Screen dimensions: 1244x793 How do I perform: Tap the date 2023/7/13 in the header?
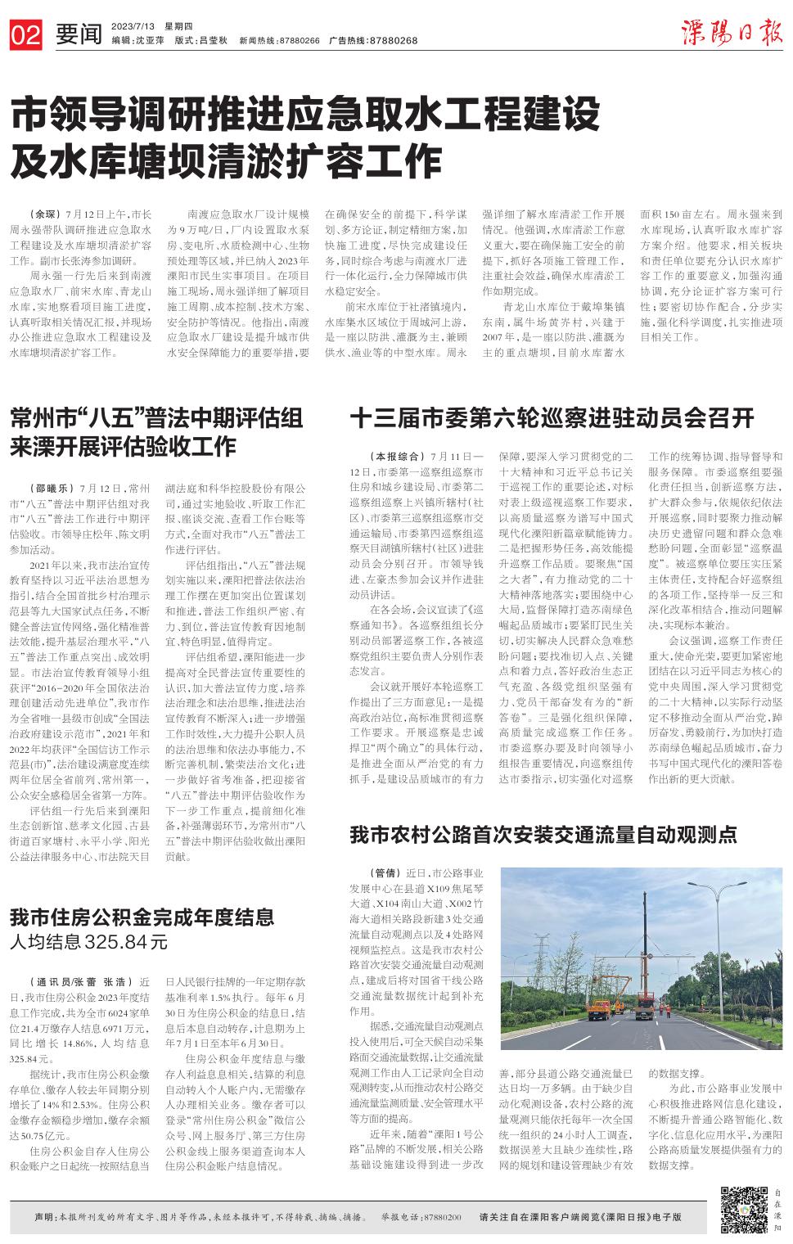(132, 25)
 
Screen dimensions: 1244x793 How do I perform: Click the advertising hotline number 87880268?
(394, 40)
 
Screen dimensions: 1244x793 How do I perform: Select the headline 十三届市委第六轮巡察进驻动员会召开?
(552, 418)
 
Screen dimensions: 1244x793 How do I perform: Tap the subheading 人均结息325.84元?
(88, 942)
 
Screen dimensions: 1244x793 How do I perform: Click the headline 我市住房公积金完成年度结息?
(142, 917)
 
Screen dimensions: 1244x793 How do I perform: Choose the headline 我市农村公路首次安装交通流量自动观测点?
(543, 834)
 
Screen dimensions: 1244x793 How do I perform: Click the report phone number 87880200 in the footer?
(442, 1217)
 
